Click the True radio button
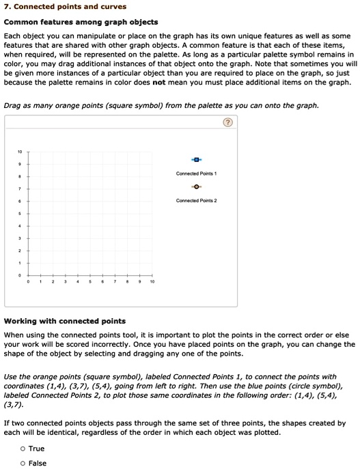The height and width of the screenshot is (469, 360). [x=23, y=449]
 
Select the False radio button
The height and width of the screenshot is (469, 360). [x=23, y=463]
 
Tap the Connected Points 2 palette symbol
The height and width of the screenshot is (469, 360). [x=196, y=186]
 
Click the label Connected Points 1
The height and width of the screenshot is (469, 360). [x=196, y=173]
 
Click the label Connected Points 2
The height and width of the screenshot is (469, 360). [x=196, y=201]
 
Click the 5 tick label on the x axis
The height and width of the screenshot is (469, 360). [x=90, y=281]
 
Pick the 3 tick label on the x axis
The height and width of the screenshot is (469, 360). [x=66, y=281]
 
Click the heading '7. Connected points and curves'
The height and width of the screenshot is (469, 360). [x=55, y=7]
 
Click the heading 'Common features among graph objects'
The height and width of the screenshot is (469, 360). [x=81, y=22]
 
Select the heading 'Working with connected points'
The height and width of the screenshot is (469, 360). [x=65, y=321]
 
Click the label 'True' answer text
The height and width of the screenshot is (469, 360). [x=37, y=449]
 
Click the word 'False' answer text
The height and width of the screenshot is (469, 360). [x=38, y=463]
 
